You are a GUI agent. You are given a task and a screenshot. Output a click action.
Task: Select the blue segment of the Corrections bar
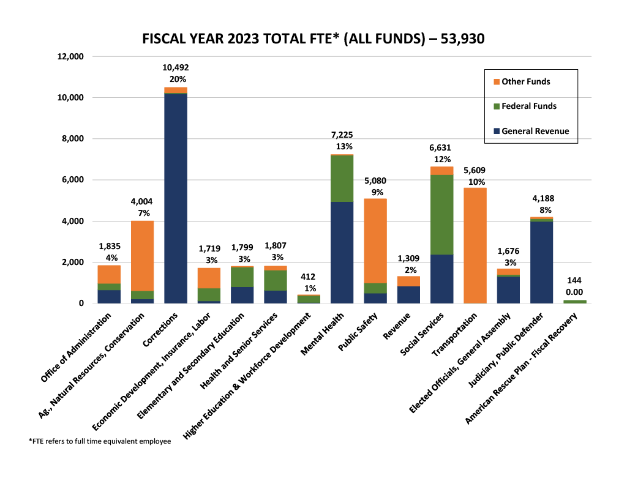[x=176, y=198]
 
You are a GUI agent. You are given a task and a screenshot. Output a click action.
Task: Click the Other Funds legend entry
[x=525, y=81]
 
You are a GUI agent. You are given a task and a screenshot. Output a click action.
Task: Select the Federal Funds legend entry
[x=528, y=106]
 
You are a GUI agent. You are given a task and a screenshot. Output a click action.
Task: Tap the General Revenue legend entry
[x=535, y=131]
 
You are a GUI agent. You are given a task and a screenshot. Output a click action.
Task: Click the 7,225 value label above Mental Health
[x=341, y=135]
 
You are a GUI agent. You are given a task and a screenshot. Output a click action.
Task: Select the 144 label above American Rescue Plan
[x=574, y=280]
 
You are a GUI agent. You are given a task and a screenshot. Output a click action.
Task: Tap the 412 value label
[x=308, y=277]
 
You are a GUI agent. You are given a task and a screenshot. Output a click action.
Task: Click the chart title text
[x=313, y=39]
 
